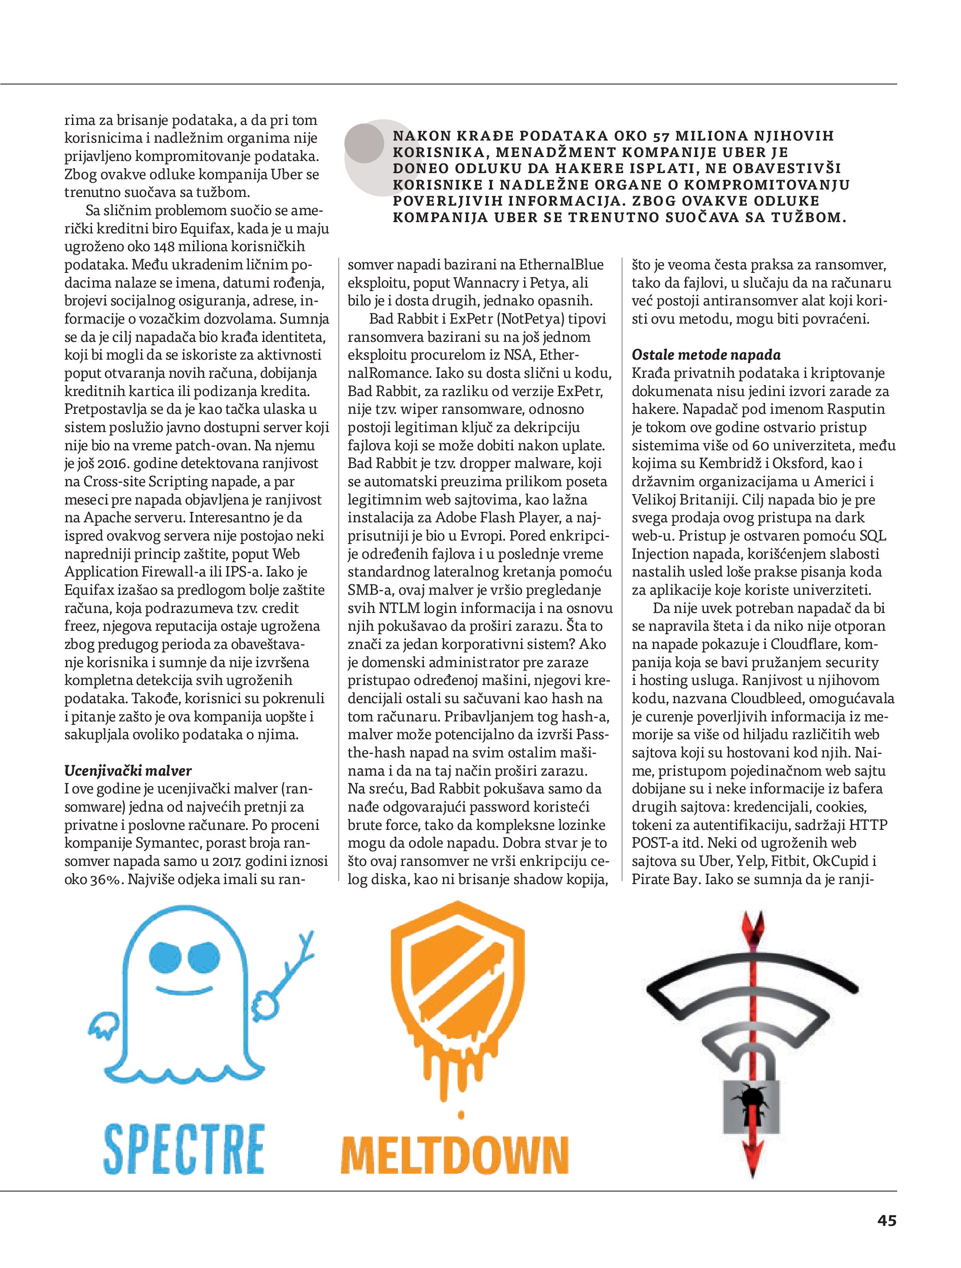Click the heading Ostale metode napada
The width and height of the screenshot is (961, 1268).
tap(706, 355)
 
